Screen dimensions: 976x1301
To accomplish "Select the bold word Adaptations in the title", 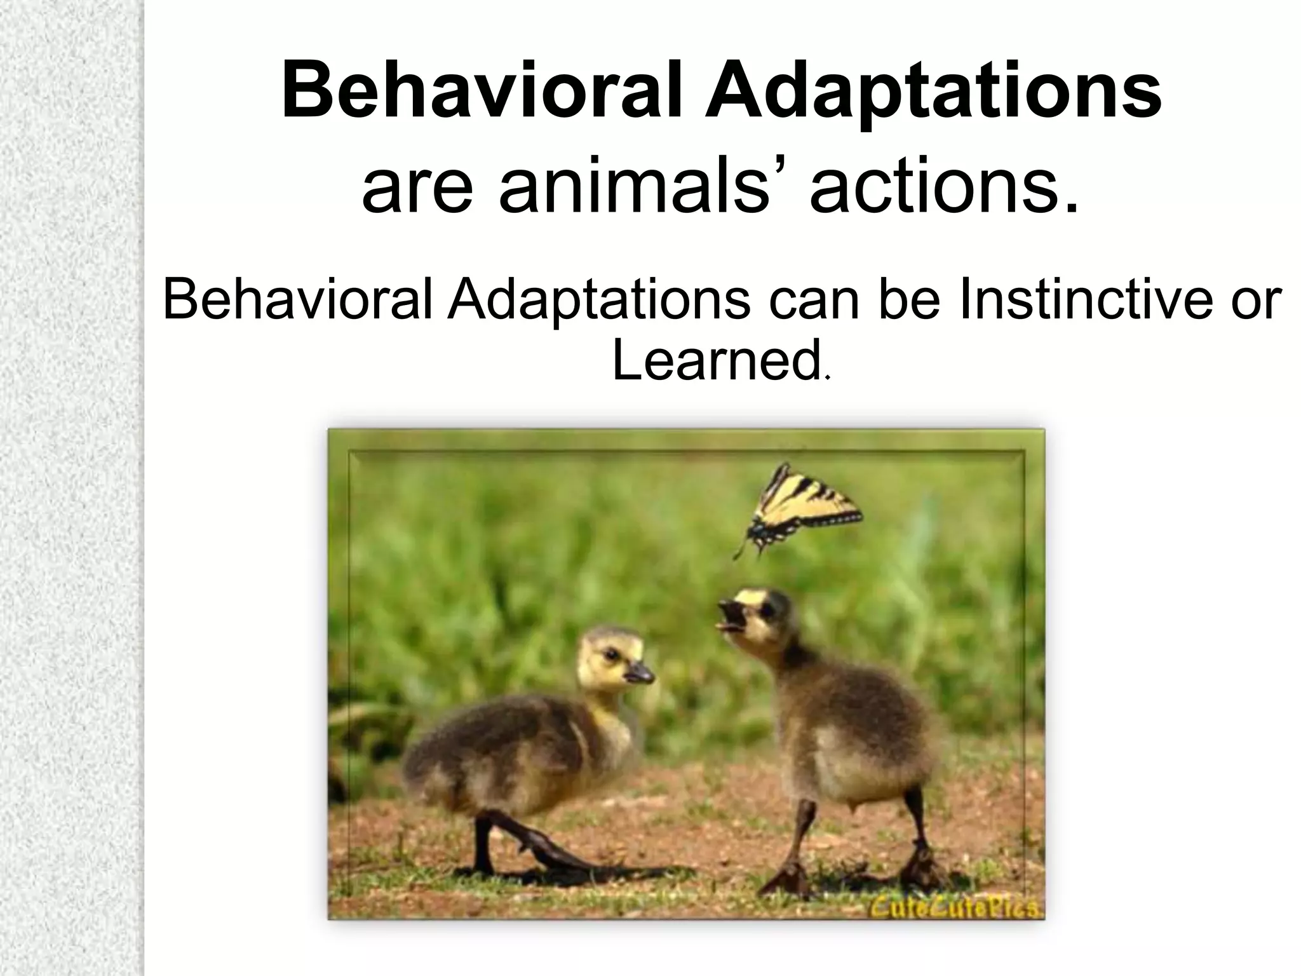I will [933, 92].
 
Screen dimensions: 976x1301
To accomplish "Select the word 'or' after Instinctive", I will [1255, 300].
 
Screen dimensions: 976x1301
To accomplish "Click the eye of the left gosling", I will [610, 654].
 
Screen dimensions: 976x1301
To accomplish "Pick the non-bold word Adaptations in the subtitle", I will [598, 300].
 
